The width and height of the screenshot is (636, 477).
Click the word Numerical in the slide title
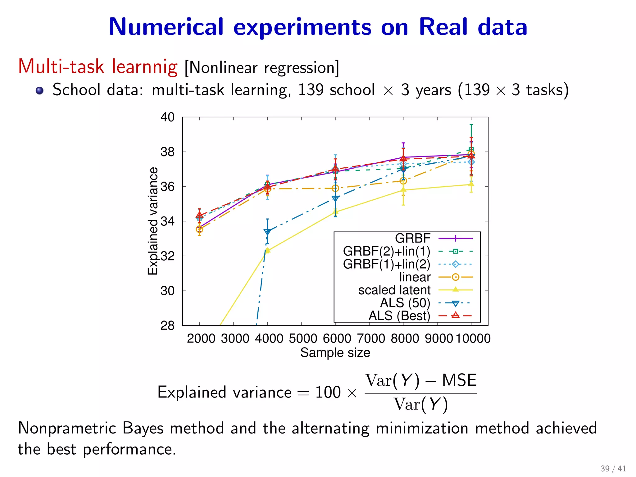(x=166, y=27)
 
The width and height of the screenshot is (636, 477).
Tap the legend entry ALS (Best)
(x=399, y=316)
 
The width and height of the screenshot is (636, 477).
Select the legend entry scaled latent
(x=394, y=290)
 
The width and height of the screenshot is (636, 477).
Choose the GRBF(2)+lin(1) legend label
(x=387, y=251)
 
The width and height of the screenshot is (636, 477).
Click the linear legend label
(x=415, y=277)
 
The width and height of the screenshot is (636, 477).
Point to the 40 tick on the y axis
(x=167, y=117)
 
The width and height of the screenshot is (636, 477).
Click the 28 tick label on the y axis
(x=167, y=326)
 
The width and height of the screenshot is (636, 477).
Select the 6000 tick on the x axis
(x=337, y=338)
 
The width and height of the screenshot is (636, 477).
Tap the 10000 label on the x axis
(x=473, y=338)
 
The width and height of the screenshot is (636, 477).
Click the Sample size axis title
(x=335, y=353)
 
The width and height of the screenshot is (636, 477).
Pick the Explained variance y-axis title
(x=152, y=221)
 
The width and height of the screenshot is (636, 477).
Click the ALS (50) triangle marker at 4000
(x=267, y=232)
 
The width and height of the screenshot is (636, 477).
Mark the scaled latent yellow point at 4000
(x=267, y=250)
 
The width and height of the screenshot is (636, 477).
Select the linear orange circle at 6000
(x=335, y=189)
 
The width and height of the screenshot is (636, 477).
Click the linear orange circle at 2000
(x=199, y=229)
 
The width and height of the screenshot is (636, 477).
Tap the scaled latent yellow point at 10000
(x=471, y=184)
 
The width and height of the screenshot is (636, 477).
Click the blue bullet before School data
(x=39, y=90)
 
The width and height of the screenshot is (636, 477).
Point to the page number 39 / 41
(x=613, y=468)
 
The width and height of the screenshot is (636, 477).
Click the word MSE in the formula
(x=459, y=380)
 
